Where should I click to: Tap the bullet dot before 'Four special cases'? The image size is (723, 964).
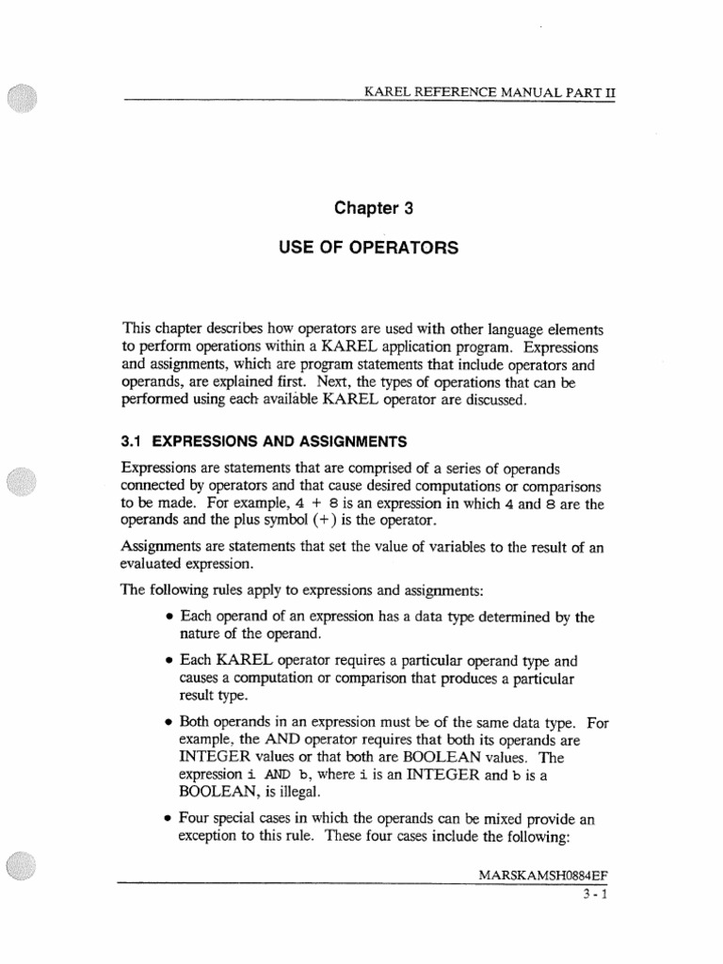tap(167, 819)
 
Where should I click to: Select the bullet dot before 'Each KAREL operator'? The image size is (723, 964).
tap(167, 662)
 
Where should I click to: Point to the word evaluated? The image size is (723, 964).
tap(154, 563)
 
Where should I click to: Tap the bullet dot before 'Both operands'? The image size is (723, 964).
tap(167, 723)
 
